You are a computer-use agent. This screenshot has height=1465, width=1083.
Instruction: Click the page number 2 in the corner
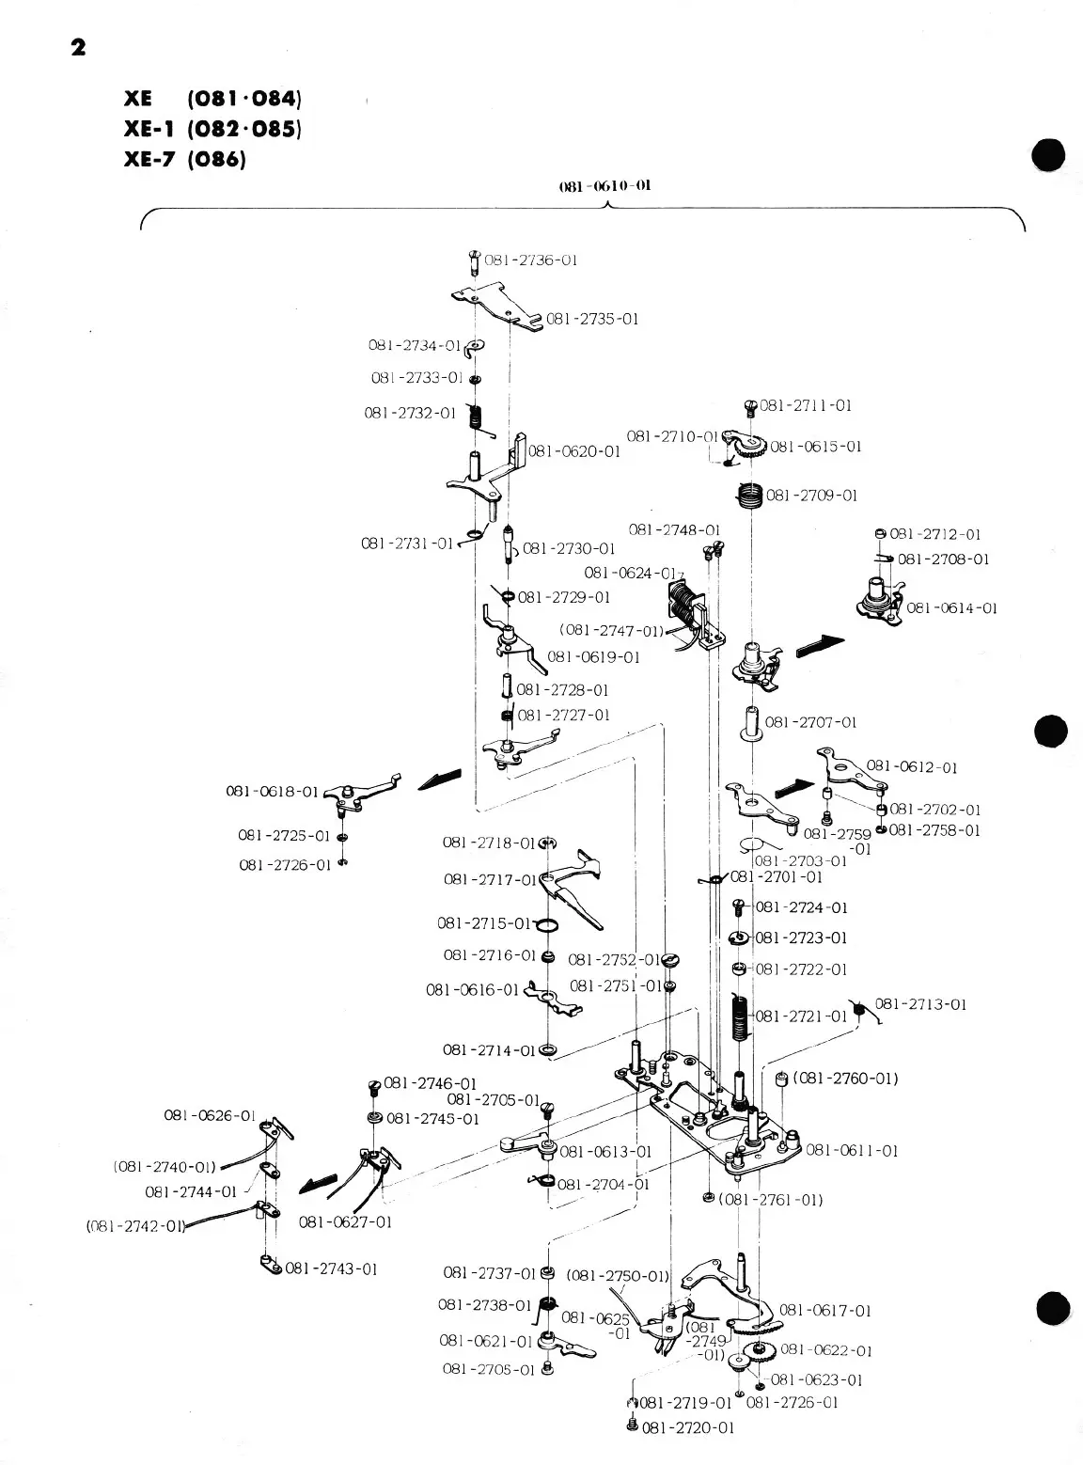(x=78, y=47)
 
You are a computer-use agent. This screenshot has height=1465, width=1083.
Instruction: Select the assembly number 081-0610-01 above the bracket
(x=604, y=185)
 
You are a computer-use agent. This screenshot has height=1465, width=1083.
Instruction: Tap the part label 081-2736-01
(x=530, y=260)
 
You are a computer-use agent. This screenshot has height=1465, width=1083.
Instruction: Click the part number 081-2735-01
(x=592, y=319)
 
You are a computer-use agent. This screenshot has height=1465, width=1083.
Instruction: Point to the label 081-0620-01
(x=574, y=451)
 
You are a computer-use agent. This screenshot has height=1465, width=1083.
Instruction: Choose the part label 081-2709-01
(x=812, y=495)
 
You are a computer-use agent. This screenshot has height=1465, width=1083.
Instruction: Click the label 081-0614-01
(x=951, y=608)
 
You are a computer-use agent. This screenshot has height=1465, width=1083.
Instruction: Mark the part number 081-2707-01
(x=810, y=722)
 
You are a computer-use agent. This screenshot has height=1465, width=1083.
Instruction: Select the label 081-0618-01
(x=272, y=791)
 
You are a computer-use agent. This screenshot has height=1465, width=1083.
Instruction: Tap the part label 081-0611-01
(x=852, y=1150)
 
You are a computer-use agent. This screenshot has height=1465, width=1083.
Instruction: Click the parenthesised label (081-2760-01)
(x=845, y=1078)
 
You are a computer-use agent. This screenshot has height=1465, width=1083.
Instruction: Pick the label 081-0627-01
(x=345, y=1222)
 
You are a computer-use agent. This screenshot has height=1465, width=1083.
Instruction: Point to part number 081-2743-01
(x=331, y=1268)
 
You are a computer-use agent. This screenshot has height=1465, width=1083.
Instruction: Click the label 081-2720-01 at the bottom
(x=687, y=1428)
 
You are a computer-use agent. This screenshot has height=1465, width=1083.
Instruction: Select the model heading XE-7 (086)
(x=184, y=159)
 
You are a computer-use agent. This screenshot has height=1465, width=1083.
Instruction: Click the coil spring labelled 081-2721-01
(x=741, y=1018)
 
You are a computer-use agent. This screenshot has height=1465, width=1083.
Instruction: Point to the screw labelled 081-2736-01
(x=474, y=260)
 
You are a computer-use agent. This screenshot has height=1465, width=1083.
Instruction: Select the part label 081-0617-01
(x=825, y=1310)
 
